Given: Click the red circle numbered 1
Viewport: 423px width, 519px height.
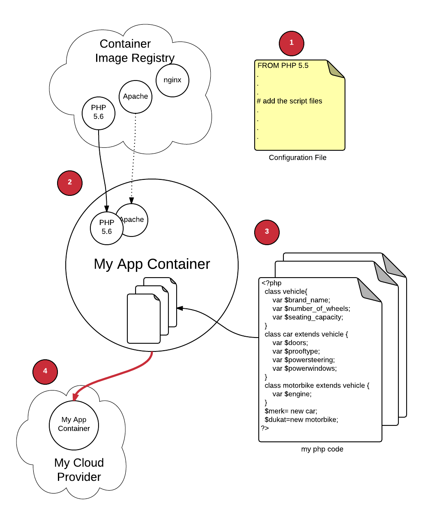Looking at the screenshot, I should click(292, 43).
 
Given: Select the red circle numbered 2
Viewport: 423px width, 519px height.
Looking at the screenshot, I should click(70, 183).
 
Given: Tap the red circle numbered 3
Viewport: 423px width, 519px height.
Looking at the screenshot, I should click(267, 232).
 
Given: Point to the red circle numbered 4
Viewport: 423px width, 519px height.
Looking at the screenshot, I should click(45, 372).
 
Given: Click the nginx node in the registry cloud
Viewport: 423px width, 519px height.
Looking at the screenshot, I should click(172, 80).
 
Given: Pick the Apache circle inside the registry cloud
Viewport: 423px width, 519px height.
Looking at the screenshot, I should click(136, 96).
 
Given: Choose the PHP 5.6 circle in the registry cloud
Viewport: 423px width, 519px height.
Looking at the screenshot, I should click(99, 113).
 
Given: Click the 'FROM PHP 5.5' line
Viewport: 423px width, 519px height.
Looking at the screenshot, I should click(283, 66).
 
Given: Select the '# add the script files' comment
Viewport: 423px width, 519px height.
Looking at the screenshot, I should click(290, 101).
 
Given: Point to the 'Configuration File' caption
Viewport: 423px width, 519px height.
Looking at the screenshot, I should click(297, 158).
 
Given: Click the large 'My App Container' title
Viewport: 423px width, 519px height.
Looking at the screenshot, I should click(152, 264).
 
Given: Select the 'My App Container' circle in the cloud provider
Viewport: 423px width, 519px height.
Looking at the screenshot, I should click(74, 425).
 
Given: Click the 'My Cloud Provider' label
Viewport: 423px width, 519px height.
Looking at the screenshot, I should click(79, 470).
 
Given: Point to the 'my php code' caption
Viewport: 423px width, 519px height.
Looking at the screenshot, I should click(322, 449).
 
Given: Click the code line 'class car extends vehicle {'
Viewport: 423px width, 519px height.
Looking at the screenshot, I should click(306, 334).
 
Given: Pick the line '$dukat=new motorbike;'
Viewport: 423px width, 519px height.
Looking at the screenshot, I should click(301, 420).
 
